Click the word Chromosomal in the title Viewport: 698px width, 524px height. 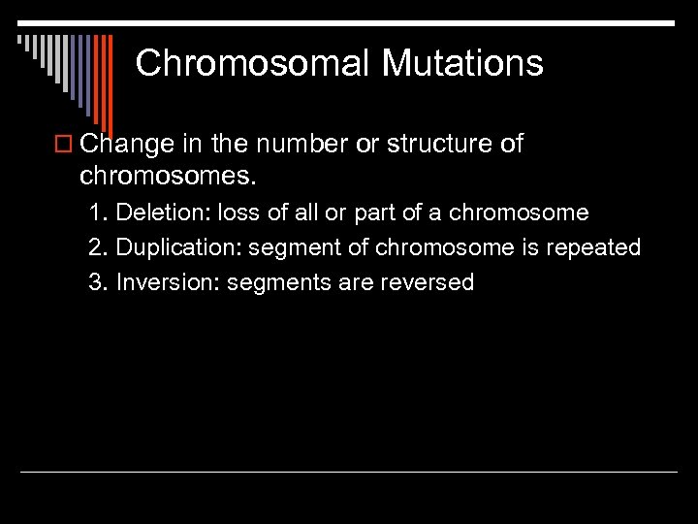(x=253, y=64)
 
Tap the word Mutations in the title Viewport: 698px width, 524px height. (x=462, y=64)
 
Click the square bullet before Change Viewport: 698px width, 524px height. (x=66, y=146)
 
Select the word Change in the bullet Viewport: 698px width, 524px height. (x=126, y=145)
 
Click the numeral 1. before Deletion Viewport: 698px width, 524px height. (x=98, y=213)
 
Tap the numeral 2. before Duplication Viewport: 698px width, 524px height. (x=98, y=247)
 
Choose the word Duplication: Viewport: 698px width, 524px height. (x=178, y=247)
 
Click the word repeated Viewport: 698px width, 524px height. (x=594, y=247)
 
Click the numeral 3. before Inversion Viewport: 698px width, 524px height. (x=98, y=282)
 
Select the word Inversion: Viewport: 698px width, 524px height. (x=168, y=282)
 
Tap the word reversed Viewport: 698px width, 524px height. (x=428, y=282)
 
